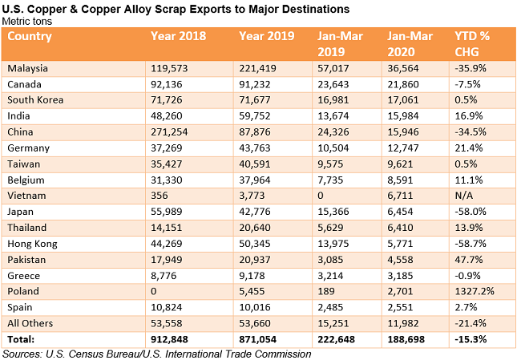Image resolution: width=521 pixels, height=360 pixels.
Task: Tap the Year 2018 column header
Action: click(x=178, y=36)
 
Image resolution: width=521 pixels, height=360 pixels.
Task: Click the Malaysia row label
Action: click(x=27, y=69)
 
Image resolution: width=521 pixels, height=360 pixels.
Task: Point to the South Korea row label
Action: click(x=34, y=99)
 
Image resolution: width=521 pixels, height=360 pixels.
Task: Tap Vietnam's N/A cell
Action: click(x=463, y=195)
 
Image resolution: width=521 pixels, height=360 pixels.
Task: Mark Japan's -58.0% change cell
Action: click(x=470, y=211)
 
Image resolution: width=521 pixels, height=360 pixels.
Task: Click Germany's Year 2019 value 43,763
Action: click(x=256, y=148)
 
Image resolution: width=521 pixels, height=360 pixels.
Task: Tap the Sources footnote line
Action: click(x=156, y=353)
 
